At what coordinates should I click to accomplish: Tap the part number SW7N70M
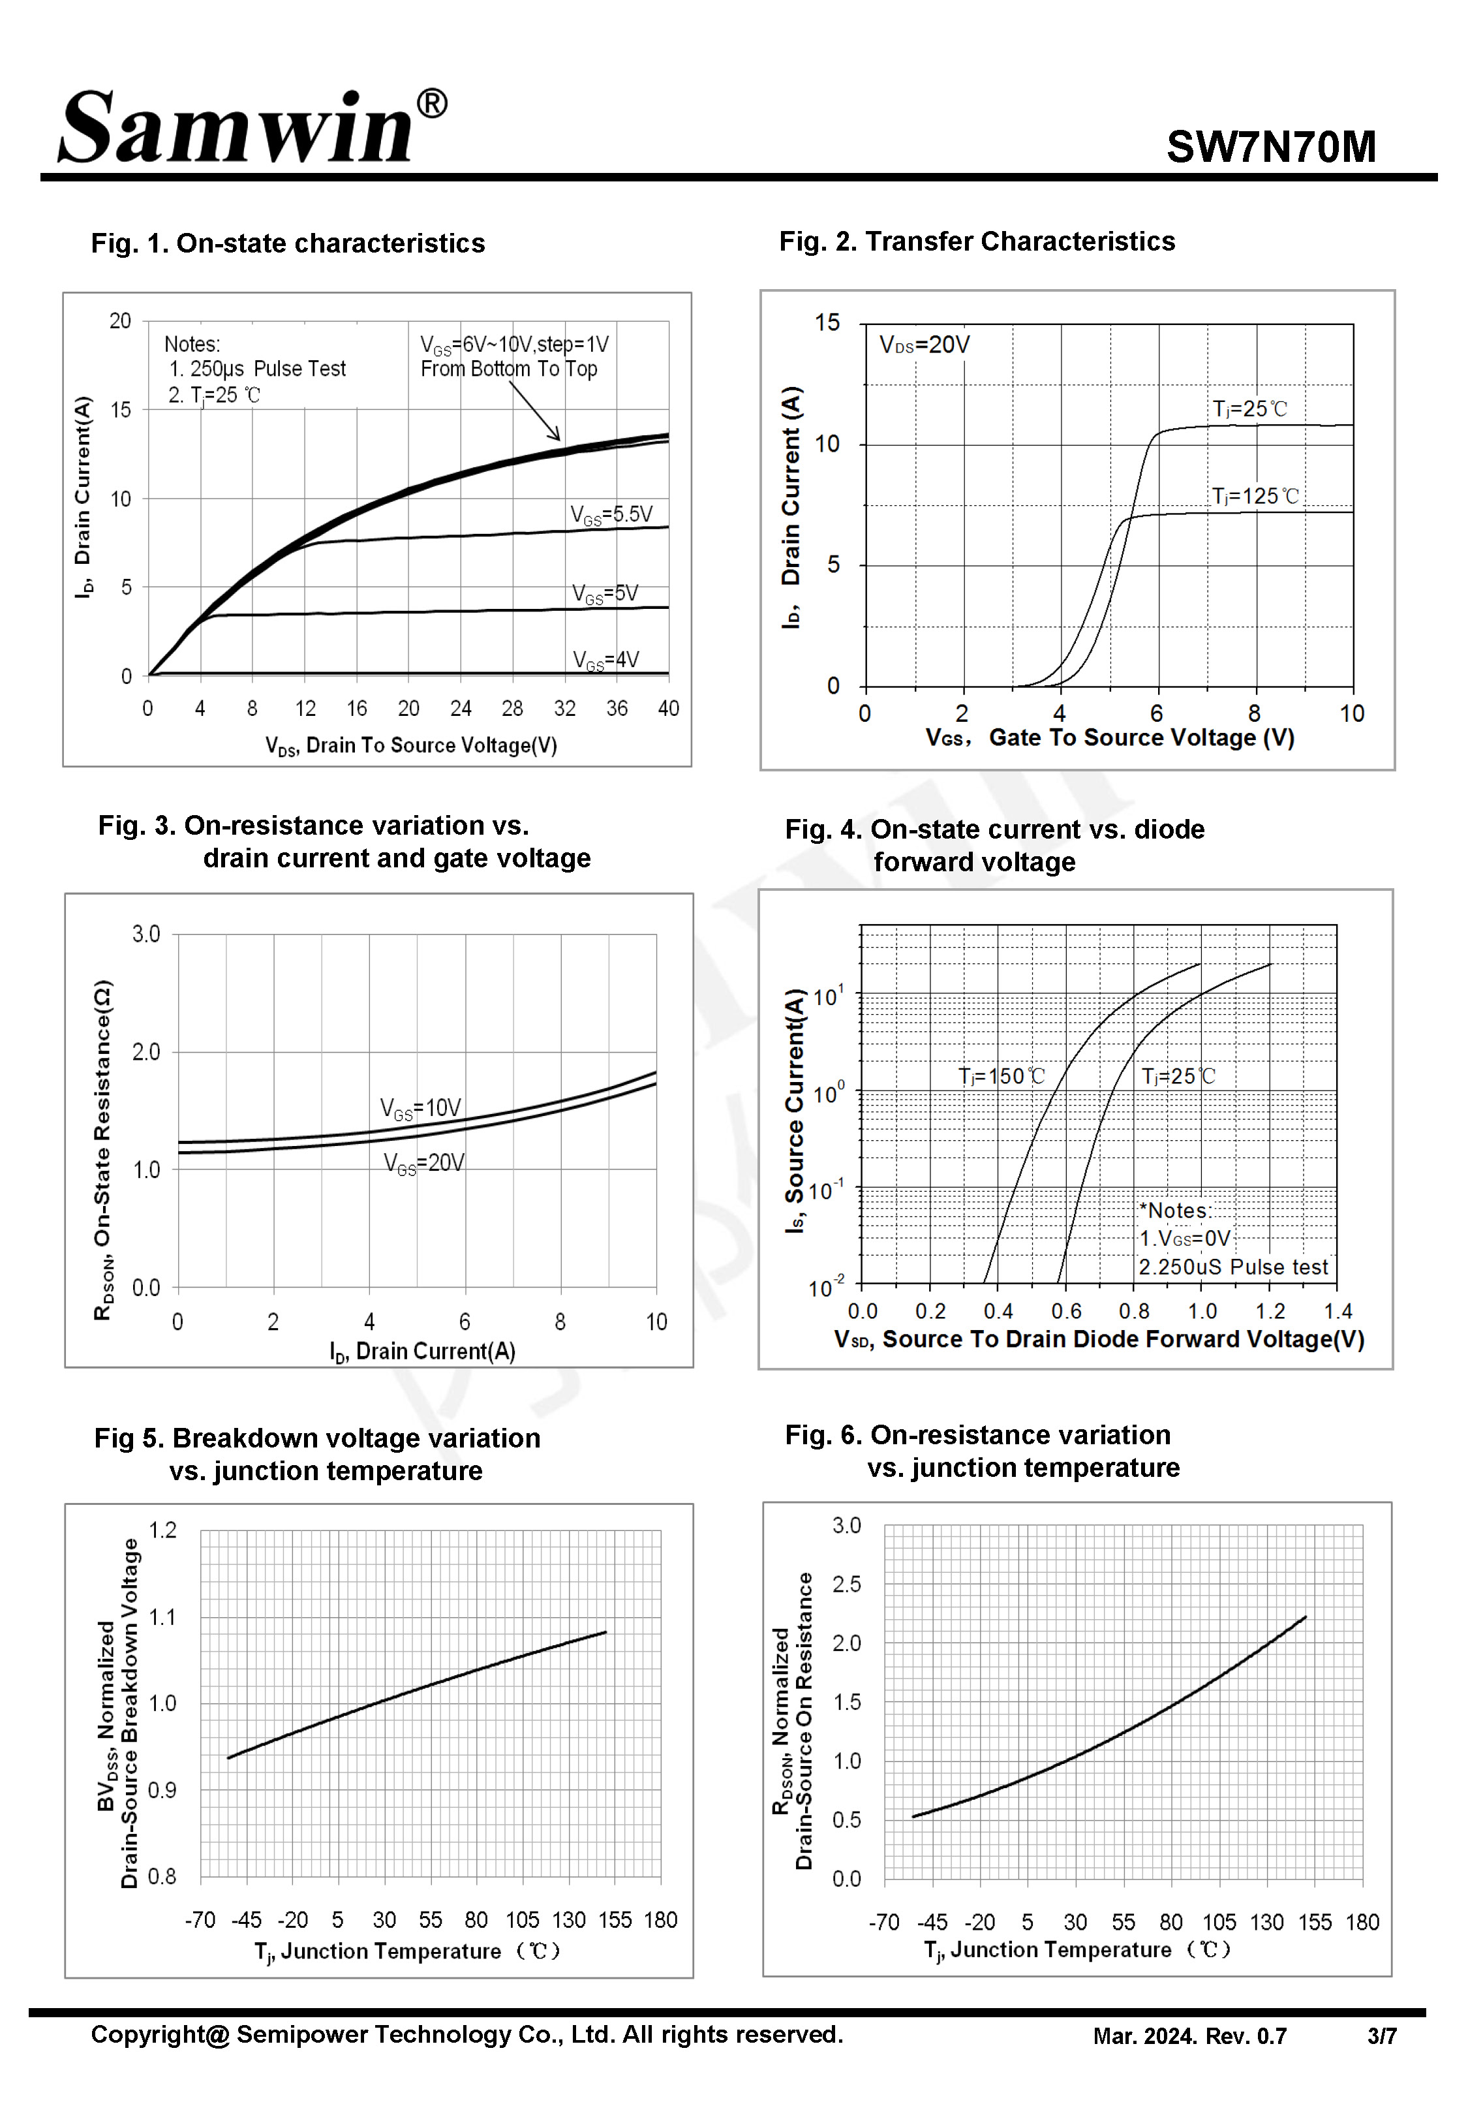[1270, 147]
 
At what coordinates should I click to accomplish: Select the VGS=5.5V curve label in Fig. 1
[611, 514]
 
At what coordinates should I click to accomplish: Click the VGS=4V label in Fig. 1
[605, 660]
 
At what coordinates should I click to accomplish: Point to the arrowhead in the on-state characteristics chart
[556, 436]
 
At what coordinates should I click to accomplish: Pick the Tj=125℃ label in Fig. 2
[1255, 497]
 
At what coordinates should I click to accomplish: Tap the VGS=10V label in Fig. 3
[420, 1107]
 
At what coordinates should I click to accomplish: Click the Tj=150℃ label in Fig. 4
[1001, 1076]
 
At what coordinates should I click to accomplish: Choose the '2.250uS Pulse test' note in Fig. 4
[1232, 1267]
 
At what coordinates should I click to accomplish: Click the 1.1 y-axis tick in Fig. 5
[163, 1617]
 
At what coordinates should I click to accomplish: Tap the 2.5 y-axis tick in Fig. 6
[846, 1584]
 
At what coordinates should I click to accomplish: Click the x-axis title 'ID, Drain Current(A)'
[422, 1350]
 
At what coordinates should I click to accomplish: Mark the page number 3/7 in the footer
[1381, 2036]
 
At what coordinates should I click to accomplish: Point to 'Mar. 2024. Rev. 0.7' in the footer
[1189, 2036]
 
